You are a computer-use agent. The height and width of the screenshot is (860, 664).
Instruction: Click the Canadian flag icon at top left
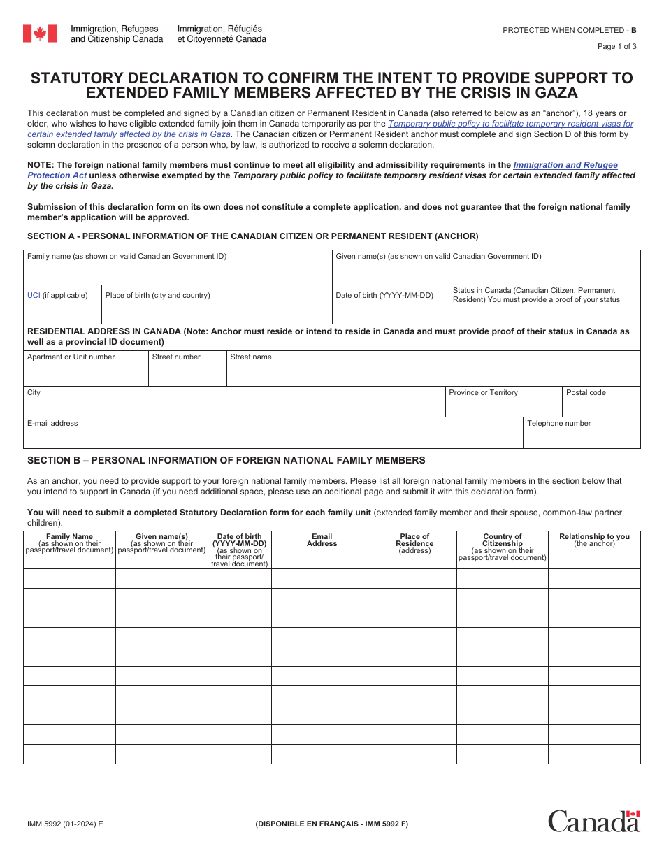[x=40, y=34]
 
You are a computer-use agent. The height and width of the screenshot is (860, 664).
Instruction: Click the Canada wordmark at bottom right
[x=593, y=821]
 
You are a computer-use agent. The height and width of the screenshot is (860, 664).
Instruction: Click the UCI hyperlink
[x=34, y=295]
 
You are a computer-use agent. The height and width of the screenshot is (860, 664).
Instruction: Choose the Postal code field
[x=600, y=405]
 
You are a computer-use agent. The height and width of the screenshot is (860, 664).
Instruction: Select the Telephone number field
[x=581, y=436]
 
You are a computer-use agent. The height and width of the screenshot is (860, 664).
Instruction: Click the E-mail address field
[x=273, y=436]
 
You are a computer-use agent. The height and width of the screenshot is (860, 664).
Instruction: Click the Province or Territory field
[x=503, y=405]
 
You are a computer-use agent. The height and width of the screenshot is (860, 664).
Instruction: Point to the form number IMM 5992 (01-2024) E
[x=64, y=824]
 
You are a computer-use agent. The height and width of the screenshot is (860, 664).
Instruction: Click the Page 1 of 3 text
[x=616, y=47]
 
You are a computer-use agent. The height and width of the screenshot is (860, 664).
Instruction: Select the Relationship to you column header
[x=593, y=540]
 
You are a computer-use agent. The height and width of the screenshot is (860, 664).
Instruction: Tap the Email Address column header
[x=322, y=540]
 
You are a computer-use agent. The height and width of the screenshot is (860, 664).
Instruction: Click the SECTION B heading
[x=226, y=460]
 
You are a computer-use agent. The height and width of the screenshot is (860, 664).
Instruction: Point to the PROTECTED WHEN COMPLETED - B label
[x=569, y=30]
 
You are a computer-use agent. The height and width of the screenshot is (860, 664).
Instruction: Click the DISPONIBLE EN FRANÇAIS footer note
[x=331, y=824]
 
